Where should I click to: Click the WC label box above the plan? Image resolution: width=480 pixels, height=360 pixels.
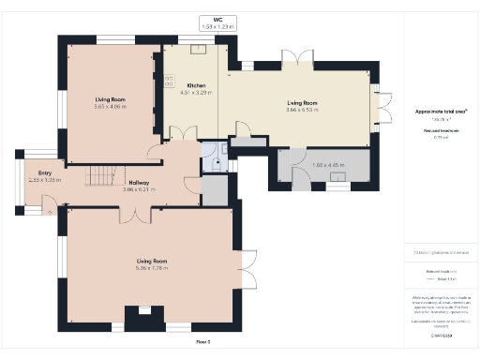point(217,23)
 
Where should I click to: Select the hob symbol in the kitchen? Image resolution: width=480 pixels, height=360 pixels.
point(170,82)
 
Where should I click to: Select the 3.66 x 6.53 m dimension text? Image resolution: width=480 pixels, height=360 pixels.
point(302,110)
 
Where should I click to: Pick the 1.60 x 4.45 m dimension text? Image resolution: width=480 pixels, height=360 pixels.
point(323,166)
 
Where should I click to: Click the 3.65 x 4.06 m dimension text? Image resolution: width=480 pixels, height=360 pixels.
point(110,106)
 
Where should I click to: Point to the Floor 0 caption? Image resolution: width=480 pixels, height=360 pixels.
point(202,342)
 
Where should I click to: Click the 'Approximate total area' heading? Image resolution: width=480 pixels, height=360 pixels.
point(441,111)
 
